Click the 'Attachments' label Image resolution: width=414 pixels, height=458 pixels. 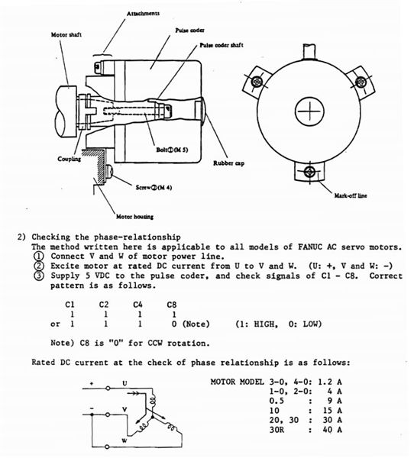pyautogui.click(x=143, y=14)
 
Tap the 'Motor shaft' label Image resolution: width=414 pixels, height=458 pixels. pyautogui.click(x=66, y=35)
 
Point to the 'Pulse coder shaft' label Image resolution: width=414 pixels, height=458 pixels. pyautogui.click(x=222, y=45)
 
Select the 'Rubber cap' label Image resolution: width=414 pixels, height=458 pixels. pyautogui.click(x=228, y=163)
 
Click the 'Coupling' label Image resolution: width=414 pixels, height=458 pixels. pyautogui.click(x=70, y=159)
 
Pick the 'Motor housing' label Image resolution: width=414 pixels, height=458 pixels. pyautogui.click(x=134, y=217)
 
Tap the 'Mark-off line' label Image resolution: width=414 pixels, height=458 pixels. pyautogui.click(x=351, y=195)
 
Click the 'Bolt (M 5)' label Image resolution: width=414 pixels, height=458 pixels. pyautogui.click(x=172, y=150)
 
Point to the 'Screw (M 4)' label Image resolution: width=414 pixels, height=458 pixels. pyautogui.click(x=154, y=187)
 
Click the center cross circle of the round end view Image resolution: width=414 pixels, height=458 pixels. pyautogui.click(x=309, y=111)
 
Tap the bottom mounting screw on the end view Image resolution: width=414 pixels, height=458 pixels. pyautogui.click(x=309, y=172)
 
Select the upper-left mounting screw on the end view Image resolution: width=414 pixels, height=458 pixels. pyautogui.click(x=257, y=82)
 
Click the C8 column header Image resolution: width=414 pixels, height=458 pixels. pyautogui.click(x=172, y=305)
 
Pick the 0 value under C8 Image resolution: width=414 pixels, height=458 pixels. pyautogui.click(x=174, y=324)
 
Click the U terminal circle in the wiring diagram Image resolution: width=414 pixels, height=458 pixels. pyautogui.click(x=108, y=389)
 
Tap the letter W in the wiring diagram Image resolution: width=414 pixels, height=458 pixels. pyautogui.click(x=125, y=440)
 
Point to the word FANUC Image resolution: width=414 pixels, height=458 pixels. pyautogui.click(x=310, y=247)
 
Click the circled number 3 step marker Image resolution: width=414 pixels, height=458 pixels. pyautogui.click(x=39, y=276)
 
